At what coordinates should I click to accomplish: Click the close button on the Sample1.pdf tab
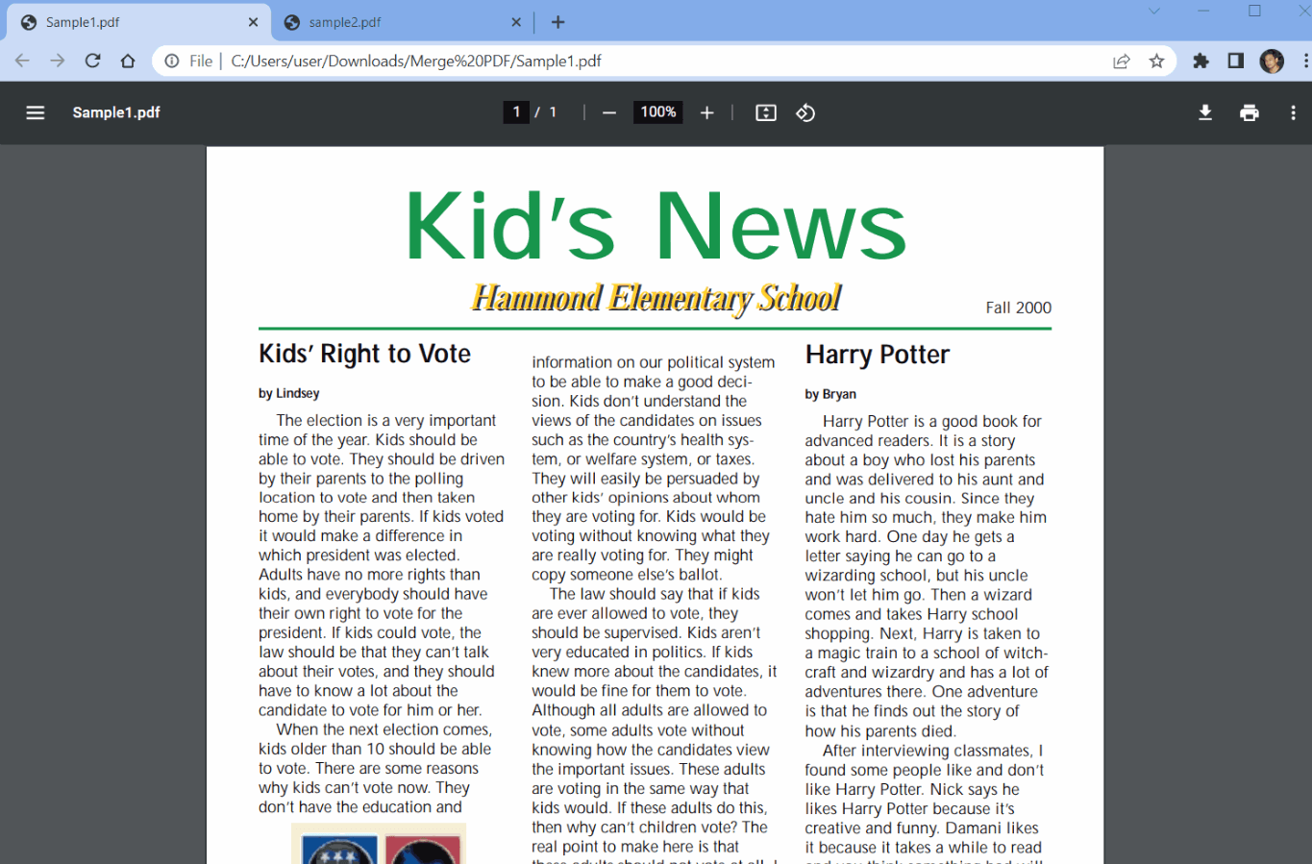(253, 22)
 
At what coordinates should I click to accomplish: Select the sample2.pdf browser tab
(394, 22)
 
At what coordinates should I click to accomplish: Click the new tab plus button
(558, 22)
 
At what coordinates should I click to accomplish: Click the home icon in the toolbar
(128, 62)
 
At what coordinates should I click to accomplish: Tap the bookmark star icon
(1156, 62)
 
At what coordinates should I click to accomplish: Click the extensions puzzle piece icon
(1201, 62)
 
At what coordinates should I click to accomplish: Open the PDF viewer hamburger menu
(36, 112)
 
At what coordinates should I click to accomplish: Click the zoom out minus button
(608, 112)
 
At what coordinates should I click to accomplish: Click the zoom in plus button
(707, 112)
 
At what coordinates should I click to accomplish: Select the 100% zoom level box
(658, 112)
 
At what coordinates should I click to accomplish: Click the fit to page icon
(766, 112)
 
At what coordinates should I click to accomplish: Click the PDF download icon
(1205, 112)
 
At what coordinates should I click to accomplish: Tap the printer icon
(1250, 112)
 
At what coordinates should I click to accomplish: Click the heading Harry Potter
(877, 355)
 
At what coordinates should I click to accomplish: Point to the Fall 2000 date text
(1018, 308)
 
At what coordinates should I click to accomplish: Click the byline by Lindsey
(288, 393)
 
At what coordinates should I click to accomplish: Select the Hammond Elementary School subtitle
(656, 298)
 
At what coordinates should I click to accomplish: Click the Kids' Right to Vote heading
(364, 354)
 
